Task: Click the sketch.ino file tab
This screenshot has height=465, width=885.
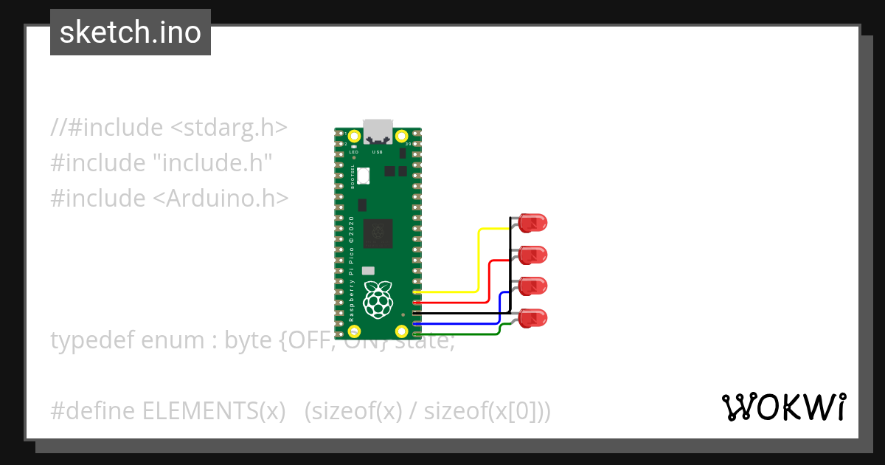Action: [x=131, y=32]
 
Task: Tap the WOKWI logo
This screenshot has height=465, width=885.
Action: [x=782, y=407]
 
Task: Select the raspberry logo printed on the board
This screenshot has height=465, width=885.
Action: [x=378, y=299]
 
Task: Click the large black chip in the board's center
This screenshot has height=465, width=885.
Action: [x=378, y=234]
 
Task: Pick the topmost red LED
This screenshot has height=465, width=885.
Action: [x=532, y=222]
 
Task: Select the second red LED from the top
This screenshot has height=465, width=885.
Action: [x=532, y=255]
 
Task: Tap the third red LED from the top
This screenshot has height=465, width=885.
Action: [x=532, y=286]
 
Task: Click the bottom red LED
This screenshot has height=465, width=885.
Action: [x=532, y=318]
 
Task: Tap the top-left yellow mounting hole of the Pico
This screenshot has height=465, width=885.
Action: [x=354, y=137]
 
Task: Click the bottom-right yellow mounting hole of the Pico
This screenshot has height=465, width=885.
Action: [x=402, y=331]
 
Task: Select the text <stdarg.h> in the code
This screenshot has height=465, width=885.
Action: [x=229, y=128]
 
